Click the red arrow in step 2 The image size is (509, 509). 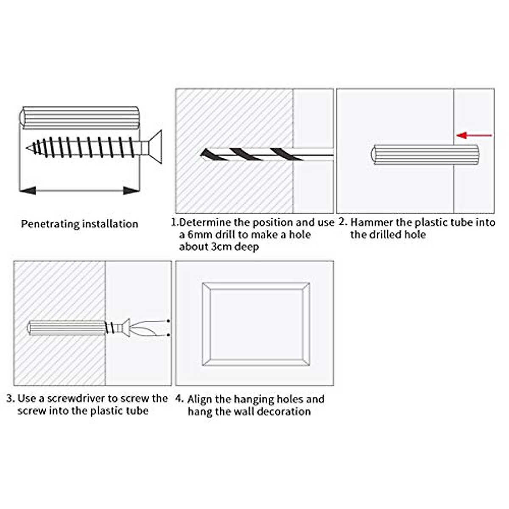475,135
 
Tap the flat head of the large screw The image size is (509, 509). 156,148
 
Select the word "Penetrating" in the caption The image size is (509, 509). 50,224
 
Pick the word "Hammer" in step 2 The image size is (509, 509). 372,223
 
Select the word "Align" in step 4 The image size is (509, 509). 200,400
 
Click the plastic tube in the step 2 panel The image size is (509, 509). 425,155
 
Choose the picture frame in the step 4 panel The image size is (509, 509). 255,324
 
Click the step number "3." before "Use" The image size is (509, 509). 11,399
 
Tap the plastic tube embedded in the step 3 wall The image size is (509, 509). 66,328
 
